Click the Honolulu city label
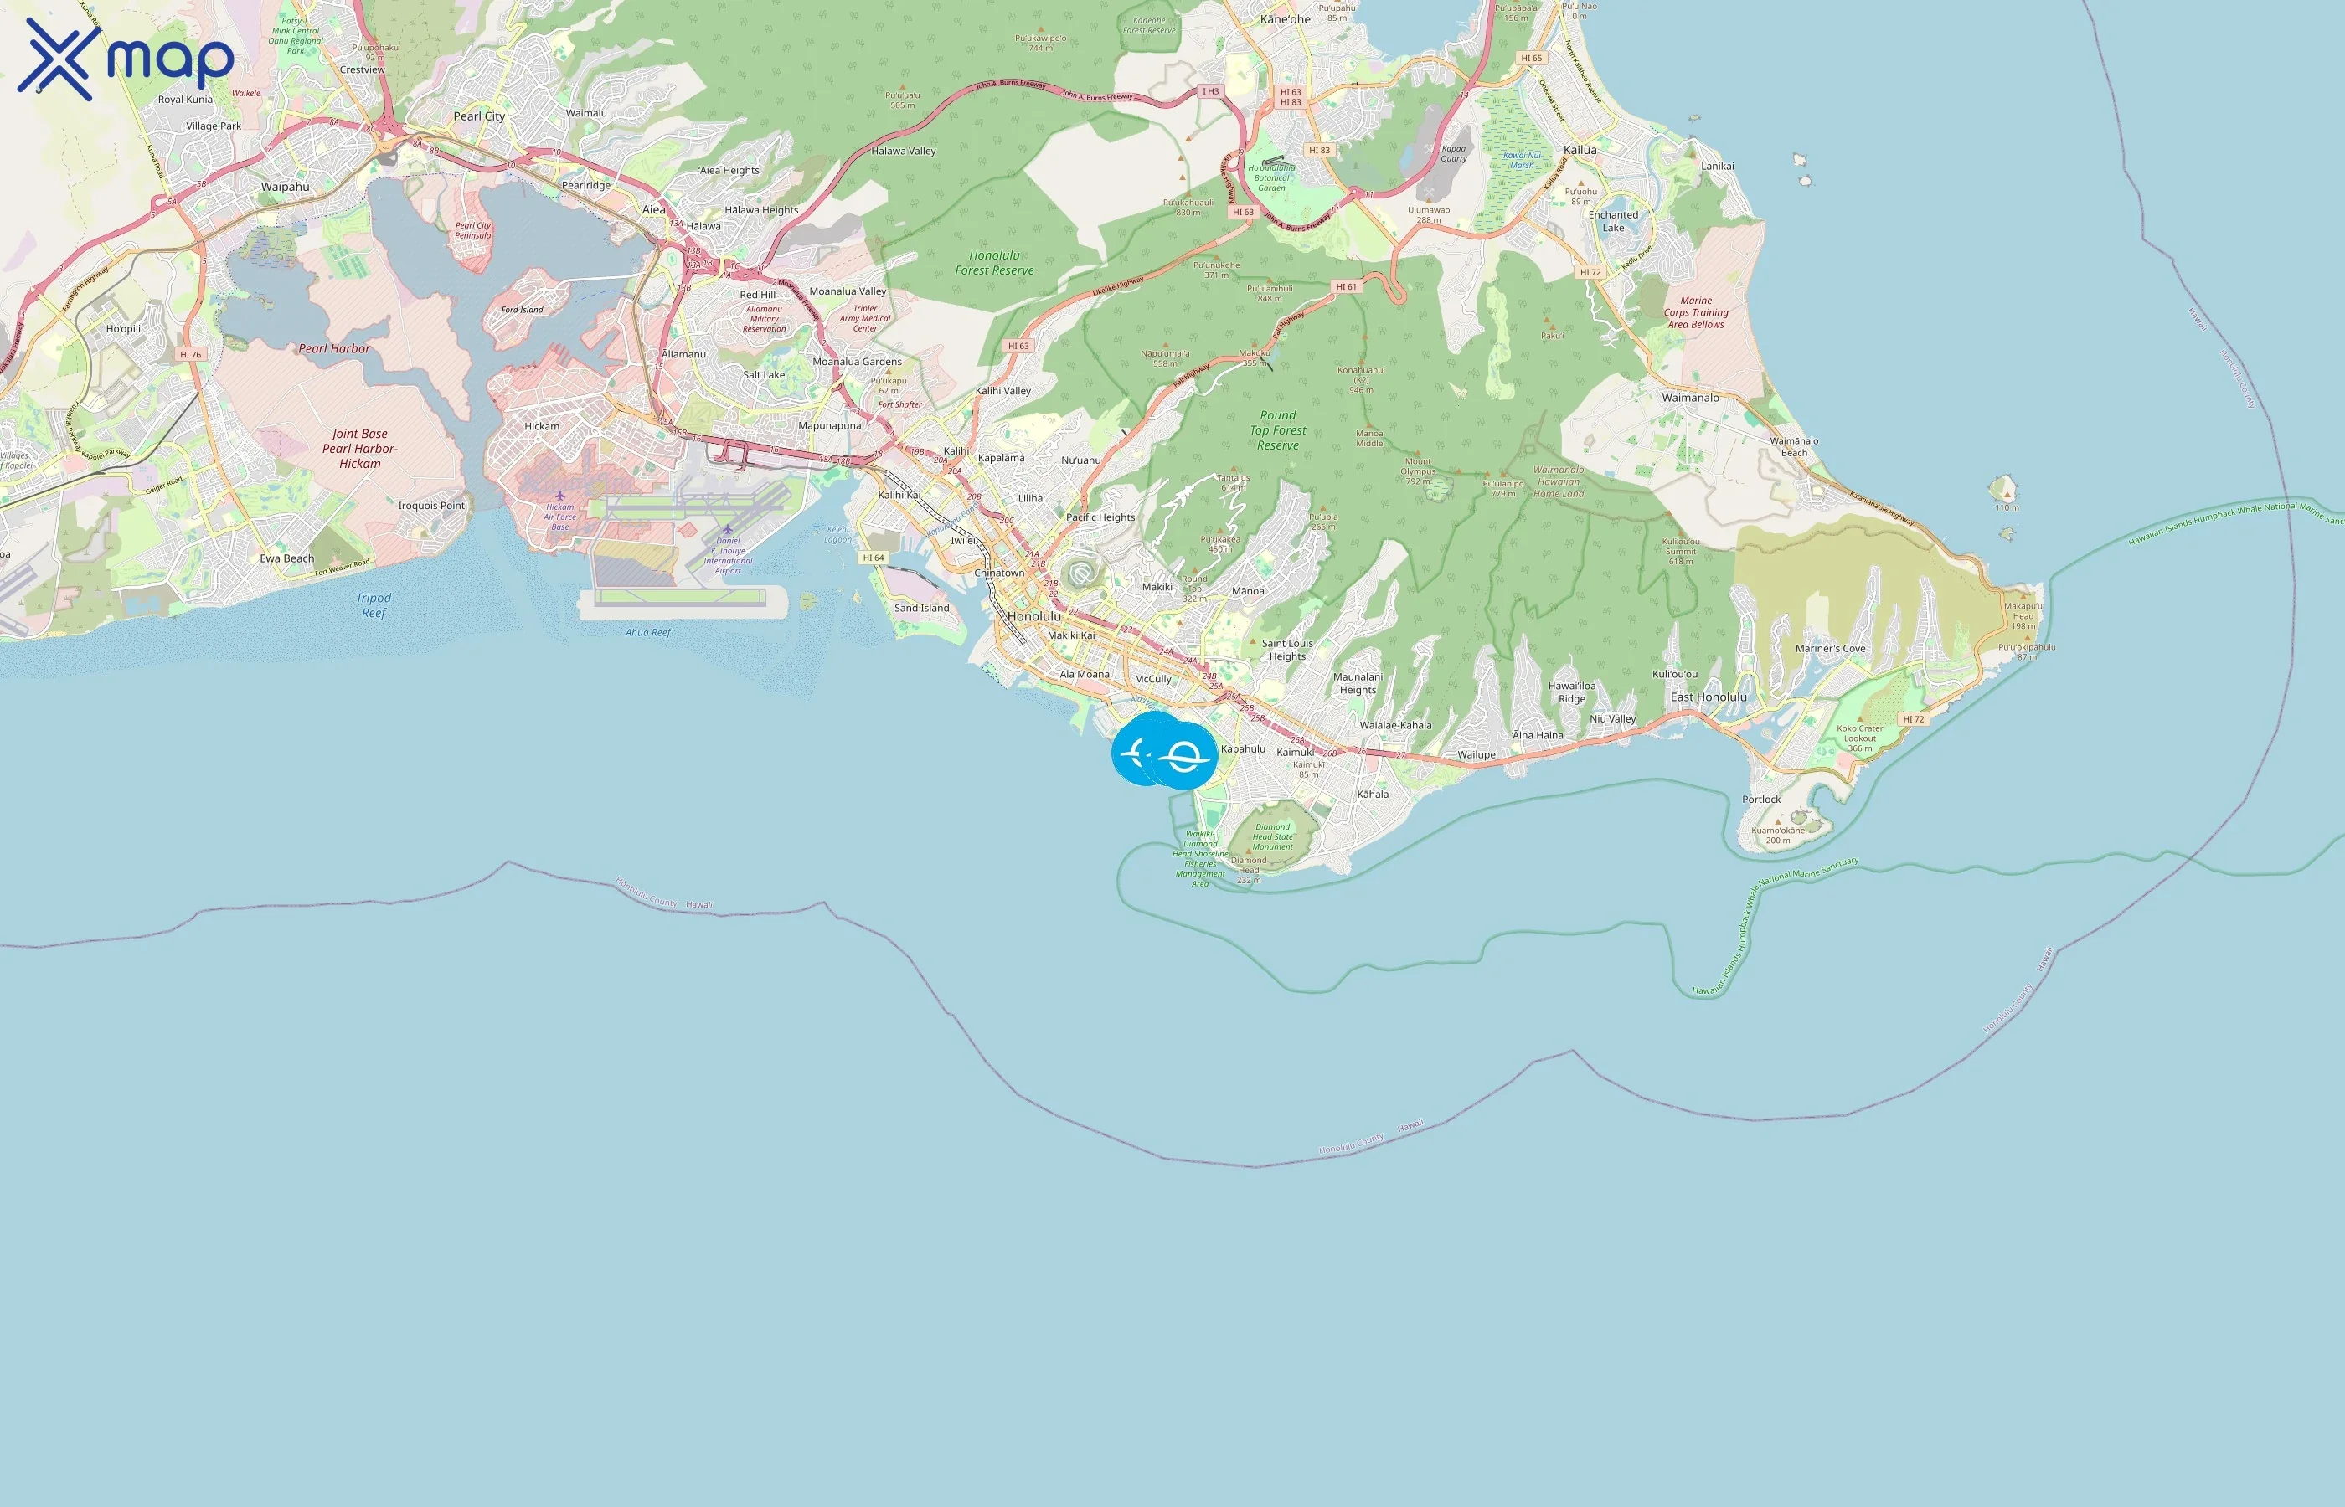point(1033,616)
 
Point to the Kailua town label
point(1580,150)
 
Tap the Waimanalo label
point(1690,398)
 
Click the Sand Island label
point(921,608)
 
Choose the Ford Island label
point(522,309)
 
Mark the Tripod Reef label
point(373,604)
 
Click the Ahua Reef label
point(648,632)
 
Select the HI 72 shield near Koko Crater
point(1912,718)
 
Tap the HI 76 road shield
point(190,354)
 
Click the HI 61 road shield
point(1346,286)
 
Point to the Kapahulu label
point(1243,748)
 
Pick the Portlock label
point(1760,799)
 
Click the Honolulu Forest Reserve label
point(993,262)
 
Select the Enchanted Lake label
point(1613,221)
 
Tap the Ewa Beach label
point(286,558)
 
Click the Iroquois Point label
point(430,505)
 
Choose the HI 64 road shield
point(873,557)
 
